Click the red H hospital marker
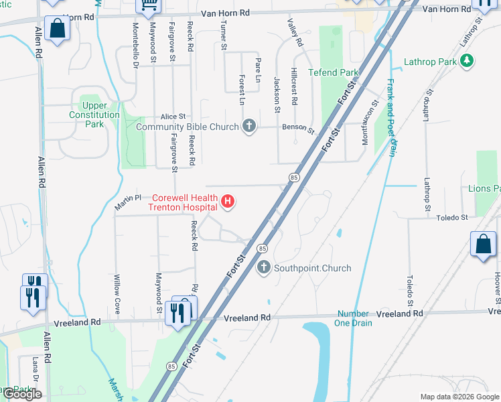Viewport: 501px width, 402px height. pos(228,201)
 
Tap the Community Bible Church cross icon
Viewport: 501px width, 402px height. pos(249,126)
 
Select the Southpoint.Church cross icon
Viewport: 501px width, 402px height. pos(263,268)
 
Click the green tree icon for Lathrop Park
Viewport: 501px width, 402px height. pos(467,62)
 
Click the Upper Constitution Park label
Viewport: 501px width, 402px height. pos(94,115)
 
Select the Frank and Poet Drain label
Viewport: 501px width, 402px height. pos(390,118)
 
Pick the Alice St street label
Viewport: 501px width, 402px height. pos(172,117)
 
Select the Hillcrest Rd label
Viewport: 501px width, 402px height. pos(294,87)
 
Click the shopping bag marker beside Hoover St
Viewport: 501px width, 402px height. pos(483,246)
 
